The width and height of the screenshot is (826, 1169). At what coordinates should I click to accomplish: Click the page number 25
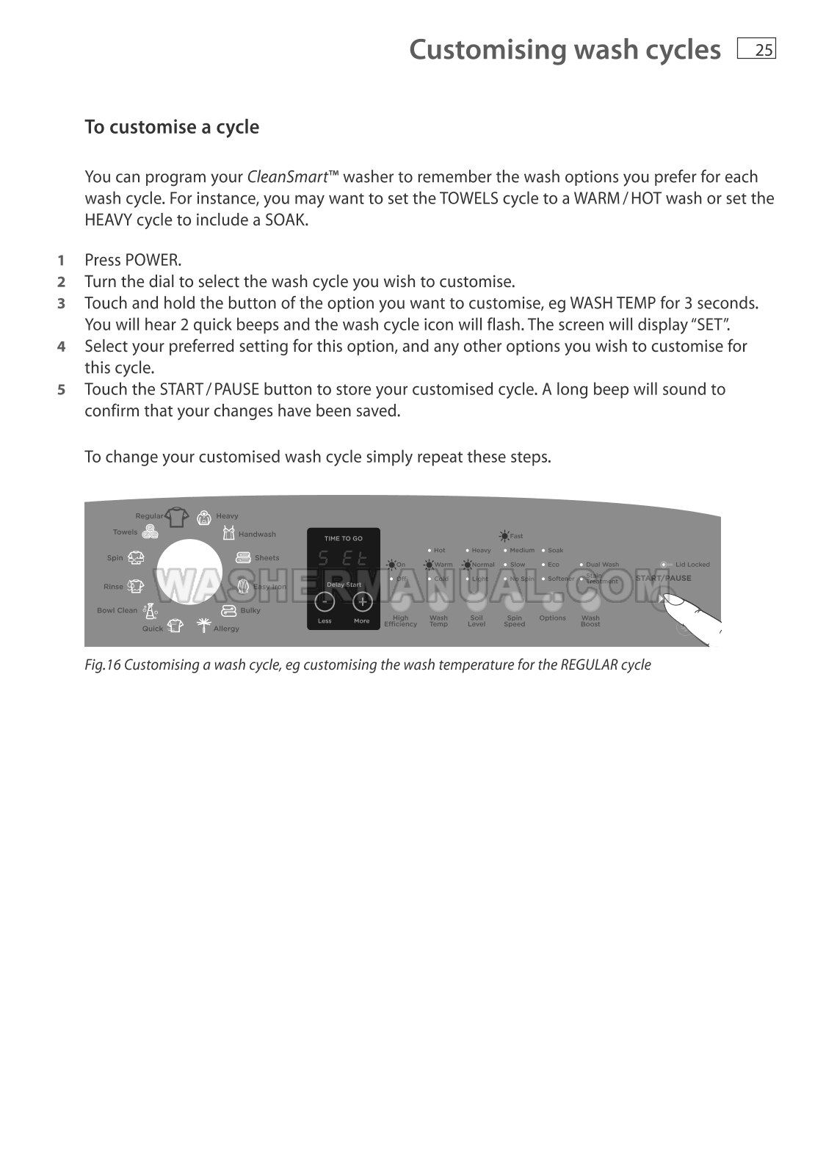click(764, 50)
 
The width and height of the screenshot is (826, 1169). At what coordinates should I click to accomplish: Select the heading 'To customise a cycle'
click(172, 127)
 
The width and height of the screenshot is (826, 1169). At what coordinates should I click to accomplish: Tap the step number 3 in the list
click(62, 303)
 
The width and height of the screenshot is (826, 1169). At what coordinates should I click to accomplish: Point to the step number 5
click(62, 389)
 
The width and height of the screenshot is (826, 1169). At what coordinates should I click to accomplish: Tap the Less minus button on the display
click(325, 602)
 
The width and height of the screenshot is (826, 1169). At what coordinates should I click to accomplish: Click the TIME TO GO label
click(343, 538)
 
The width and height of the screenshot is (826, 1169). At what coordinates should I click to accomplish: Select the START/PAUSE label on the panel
click(663, 578)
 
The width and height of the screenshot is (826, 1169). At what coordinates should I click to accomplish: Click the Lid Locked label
click(692, 565)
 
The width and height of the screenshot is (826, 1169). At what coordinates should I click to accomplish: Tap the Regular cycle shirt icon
click(177, 516)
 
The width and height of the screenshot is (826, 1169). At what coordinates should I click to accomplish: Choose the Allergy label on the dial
click(226, 629)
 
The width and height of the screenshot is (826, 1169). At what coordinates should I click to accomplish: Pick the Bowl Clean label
click(117, 610)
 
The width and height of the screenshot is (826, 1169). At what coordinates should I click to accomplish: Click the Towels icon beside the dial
click(150, 532)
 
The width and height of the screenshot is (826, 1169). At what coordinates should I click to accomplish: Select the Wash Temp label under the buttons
click(438, 621)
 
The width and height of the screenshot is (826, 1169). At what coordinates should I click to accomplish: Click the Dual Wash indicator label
click(602, 565)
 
